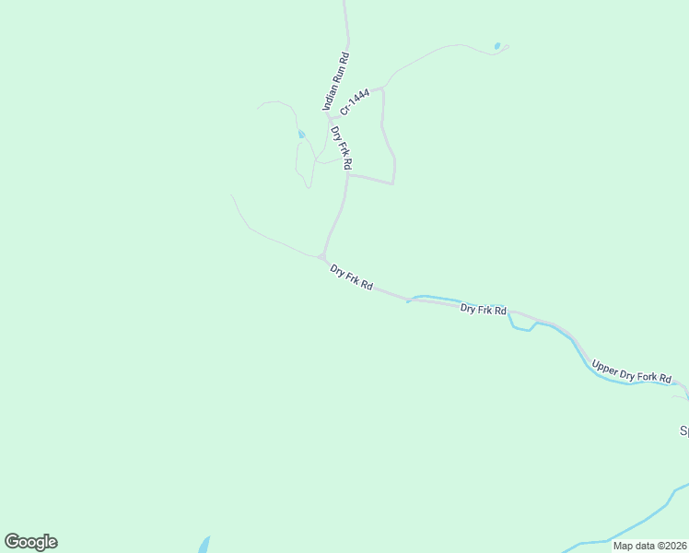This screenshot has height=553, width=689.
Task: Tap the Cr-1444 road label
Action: tap(355, 100)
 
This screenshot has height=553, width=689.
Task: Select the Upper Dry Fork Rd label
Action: tap(632, 371)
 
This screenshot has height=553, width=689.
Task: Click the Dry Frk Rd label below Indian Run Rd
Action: tap(341, 147)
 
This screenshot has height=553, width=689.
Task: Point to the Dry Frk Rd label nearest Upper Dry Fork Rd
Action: tap(484, 310)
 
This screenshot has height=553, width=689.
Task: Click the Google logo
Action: tap(30, 542)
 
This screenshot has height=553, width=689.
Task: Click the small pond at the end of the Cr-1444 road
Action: tap(497, 46)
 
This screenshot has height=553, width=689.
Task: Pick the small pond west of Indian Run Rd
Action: tap(301, 135)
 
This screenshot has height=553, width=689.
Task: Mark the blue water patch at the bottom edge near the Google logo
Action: tap(204, 545)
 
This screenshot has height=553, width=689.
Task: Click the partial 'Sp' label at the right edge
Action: tap(683, 430)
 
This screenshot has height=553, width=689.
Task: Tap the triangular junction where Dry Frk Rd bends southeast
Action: tap(322, 256)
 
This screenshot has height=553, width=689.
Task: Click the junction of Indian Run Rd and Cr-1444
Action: tap(329, 118)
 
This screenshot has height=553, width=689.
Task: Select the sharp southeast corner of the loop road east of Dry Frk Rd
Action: tap(393, 183)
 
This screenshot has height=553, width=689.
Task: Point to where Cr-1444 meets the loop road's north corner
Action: tap(382, 88)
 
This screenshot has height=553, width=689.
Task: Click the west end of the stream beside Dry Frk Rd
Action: tap(408, 300)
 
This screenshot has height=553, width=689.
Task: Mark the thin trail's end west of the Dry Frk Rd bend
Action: tap(230, 194)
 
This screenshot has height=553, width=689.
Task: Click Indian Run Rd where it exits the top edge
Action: tap(345, 3)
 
